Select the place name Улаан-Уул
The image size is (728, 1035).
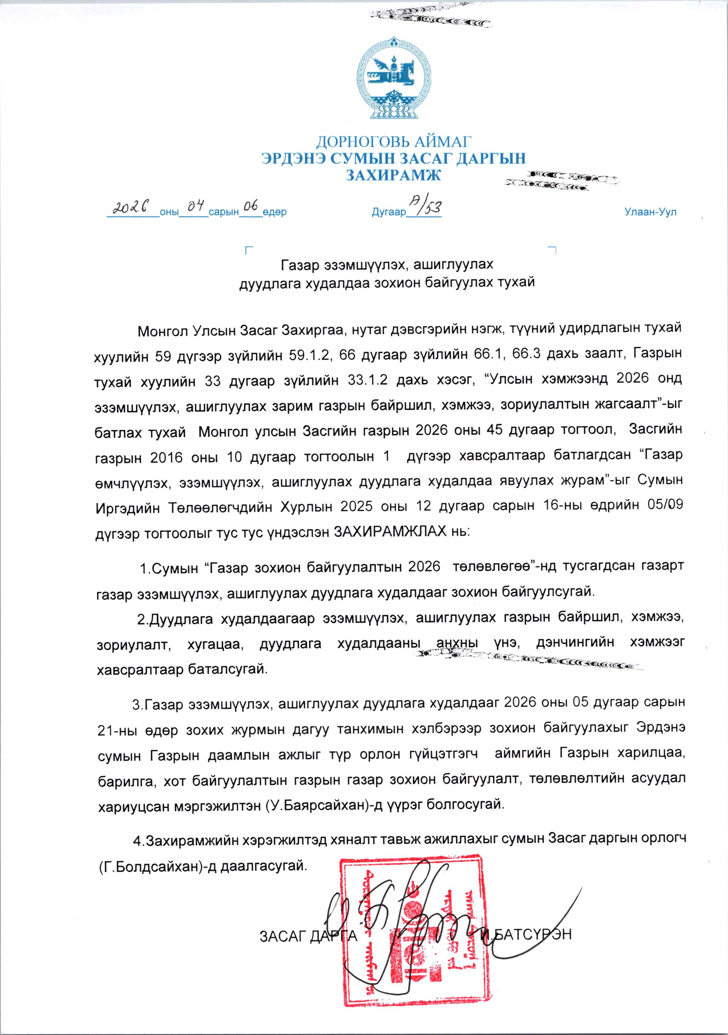[x=650, y=212]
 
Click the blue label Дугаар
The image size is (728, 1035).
[x=389, y=212]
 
